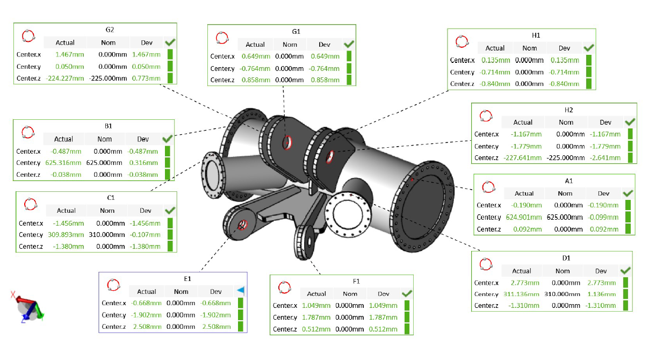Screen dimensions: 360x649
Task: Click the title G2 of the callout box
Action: click(x=110, y=30)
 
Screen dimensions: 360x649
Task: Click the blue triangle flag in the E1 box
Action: click(x=241, y=291)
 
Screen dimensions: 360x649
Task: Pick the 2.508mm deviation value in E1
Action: click(x=215, y=326)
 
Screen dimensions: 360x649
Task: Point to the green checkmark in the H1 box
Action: click(x=588, y=48)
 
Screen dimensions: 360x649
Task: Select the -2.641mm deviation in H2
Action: click(x=605, y=158)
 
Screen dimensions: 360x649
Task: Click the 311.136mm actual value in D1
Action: click(x=521, y=294)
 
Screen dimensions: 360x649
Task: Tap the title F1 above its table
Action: click(x=356, y=281)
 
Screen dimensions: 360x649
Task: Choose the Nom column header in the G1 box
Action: click(x=290, y=45)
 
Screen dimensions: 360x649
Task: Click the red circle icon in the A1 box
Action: click(x=488, y=188)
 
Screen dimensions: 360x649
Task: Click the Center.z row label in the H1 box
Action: click(x=462, y=84)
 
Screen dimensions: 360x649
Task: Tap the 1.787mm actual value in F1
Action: click(x=316, y=317)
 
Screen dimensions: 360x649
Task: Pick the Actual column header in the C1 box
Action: click(x=66, y=211)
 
